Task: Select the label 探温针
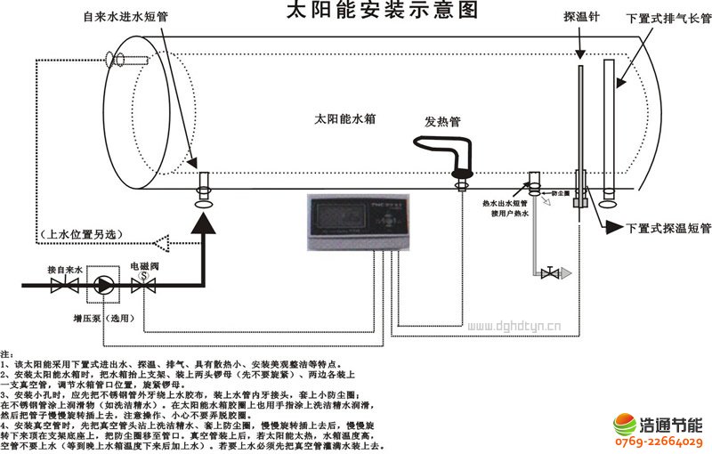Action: coord(578,17)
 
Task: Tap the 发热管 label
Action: coord(441,122)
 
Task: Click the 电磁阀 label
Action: coord(144,266)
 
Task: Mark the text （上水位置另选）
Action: coord(84,235)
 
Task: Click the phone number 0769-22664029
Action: coord(659,442)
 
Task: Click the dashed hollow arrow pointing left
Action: coord(164,241)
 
